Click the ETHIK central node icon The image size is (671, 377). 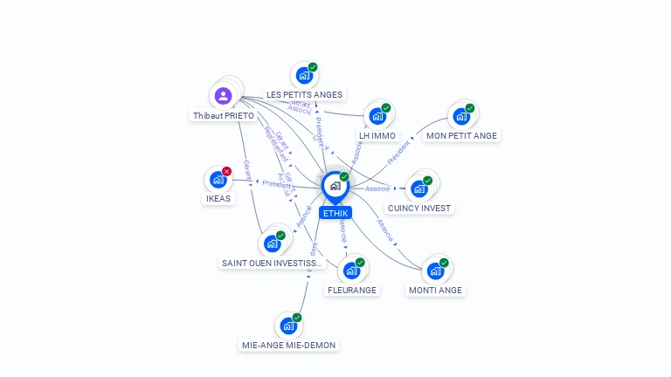(x=335, y=186)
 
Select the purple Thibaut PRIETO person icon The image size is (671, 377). (x=224, y=95)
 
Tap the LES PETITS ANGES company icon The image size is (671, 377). (x=304, y=75)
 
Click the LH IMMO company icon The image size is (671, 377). (x=377, y=116)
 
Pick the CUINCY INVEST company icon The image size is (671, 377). (x=419, y=188)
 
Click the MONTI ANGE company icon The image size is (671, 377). (x=435, y=271)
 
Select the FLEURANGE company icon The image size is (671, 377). (x=351, y=271)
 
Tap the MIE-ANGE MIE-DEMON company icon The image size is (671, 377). (x=288, y=326)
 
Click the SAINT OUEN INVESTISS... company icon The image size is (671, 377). (x=272, y=243)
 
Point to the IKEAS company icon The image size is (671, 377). (x=218, y=180)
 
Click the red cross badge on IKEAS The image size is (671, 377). (x=227, y=171)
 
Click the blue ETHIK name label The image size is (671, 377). (x=335, y=213)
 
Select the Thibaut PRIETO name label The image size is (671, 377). (x=224, y=115)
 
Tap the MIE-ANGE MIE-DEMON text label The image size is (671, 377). (x=288, y=345)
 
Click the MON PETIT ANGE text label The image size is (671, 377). (x=461, y=135)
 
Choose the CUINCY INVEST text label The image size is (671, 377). (x=419, y=209)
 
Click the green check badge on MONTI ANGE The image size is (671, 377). (x=444, y=262)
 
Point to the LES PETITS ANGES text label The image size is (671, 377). (x=304, y=94)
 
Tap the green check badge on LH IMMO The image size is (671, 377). (x=386, y=108)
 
